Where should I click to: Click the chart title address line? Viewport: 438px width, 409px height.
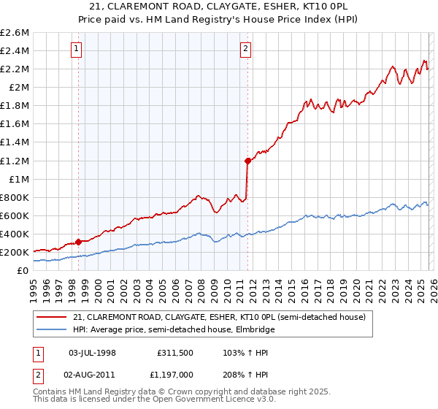coord(219,7)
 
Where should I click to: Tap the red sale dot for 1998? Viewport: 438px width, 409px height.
coord(78,242)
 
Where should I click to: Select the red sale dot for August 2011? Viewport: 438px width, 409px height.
coord(248,161)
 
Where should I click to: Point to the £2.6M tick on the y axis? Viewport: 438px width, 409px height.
coord(15,33)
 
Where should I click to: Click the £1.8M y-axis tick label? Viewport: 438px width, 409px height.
coord(15,106)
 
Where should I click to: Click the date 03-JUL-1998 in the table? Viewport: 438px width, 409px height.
coord(92,353)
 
